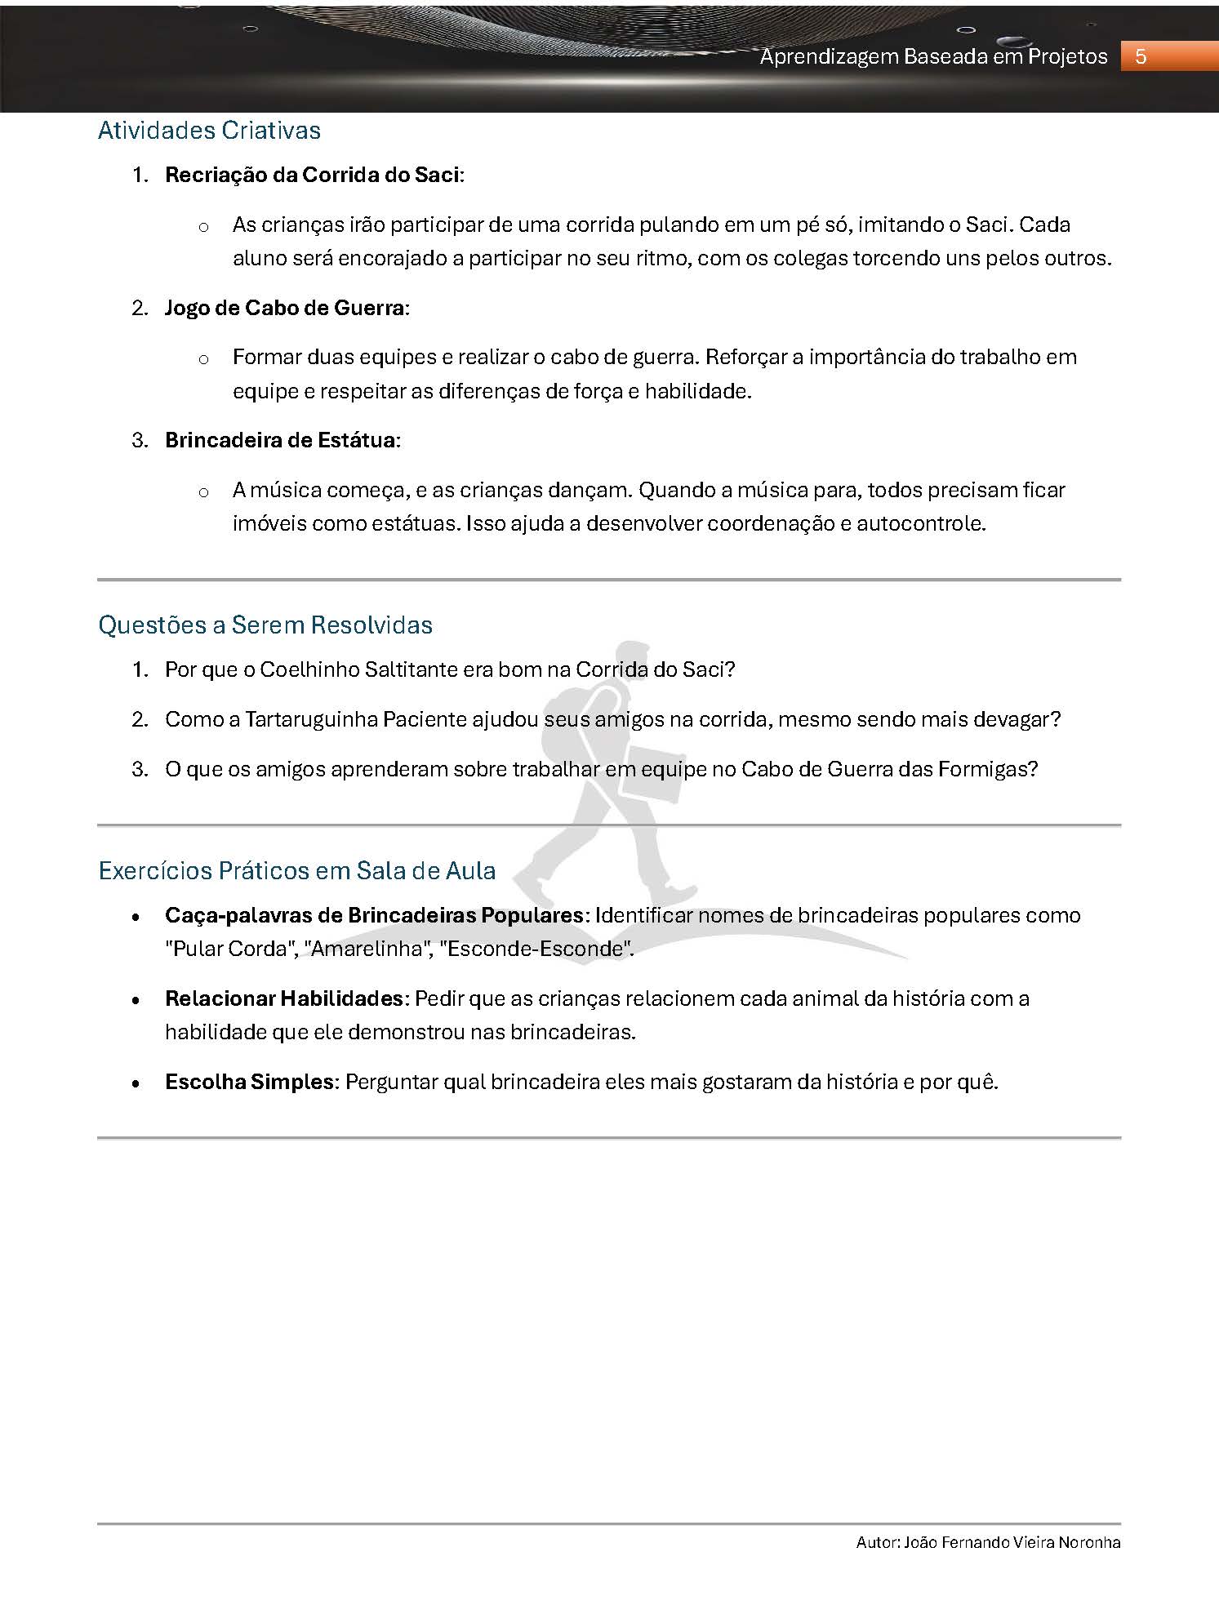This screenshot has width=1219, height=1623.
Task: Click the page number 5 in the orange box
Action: point(1141,56)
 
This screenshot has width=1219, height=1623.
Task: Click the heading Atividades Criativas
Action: point(209,131)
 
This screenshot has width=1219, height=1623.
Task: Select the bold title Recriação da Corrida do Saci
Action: point(313,175)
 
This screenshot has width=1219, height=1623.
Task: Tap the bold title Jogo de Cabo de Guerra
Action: point(285,308)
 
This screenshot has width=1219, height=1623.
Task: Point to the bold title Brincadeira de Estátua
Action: point(281,440)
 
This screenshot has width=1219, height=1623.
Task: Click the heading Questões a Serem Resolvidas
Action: point(265,625)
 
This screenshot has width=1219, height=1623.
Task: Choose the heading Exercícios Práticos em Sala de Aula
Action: point(297,871)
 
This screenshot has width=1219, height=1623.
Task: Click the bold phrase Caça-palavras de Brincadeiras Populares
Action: point(375,915)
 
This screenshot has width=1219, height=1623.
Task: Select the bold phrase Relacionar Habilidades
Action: point(284,998)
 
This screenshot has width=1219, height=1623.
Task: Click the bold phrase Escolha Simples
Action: point(249,1082)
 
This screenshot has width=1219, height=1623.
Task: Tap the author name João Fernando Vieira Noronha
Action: point(1012,1542)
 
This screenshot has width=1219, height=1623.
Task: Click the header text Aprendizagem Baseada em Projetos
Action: point(933,56)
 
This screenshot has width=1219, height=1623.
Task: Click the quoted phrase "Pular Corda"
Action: point(230,949)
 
